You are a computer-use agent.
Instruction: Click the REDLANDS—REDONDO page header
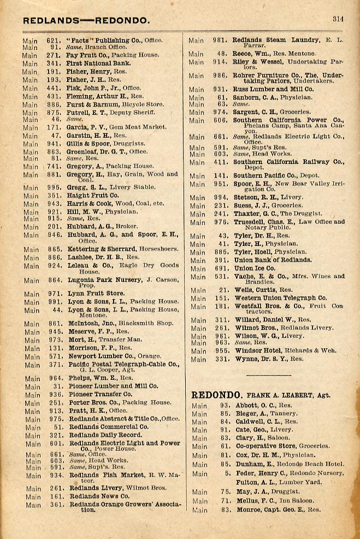click(x=86, y=21)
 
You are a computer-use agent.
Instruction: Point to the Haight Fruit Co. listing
click(x=92, y=195)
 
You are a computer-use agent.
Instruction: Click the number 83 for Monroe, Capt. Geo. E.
click(x=224, y=510)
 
